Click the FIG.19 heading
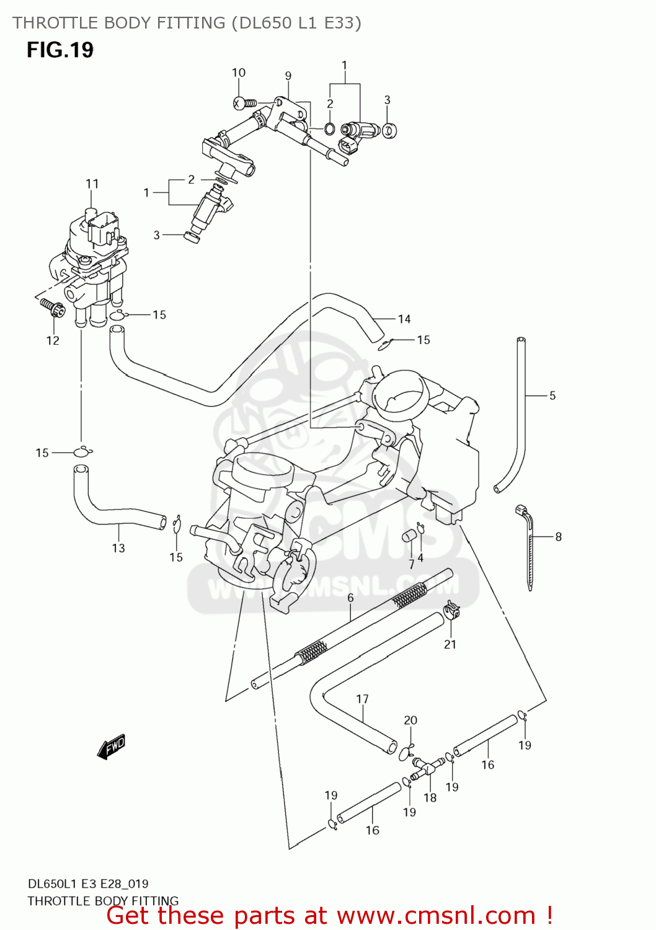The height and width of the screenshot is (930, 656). click(60, 50)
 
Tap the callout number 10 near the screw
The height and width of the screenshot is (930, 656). click(239, 73)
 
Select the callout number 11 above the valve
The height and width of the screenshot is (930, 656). click(92, 184)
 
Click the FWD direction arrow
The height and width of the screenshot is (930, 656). click(112, 746)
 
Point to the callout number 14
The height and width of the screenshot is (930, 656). click(404, 319)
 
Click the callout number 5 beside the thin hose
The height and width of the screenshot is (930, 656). click(552, 395)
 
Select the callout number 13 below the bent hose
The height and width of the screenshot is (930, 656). click(118, 547)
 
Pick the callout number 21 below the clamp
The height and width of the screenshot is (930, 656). click(450, 644)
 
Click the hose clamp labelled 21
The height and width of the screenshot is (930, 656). click(452, 612)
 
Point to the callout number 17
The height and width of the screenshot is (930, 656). click(362, 699)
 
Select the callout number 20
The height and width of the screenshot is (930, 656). click(410, 720)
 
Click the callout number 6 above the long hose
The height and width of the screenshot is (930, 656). click(350, 598)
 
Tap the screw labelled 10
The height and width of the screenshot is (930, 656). click(244, 103)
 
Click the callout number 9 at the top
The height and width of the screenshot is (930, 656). click(288, 76)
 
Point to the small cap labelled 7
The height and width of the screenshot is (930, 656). click(409, 536)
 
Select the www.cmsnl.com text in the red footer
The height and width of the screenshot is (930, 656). click(436, 915)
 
